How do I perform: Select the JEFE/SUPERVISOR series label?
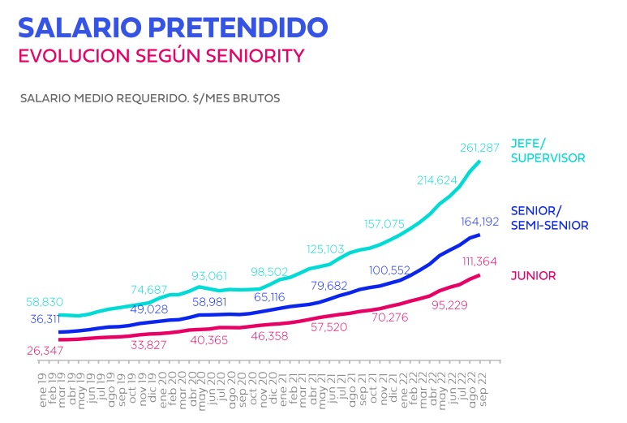548,150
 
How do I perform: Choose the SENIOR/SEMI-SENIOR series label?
549,218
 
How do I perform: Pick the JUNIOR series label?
533,276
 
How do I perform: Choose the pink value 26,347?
49,351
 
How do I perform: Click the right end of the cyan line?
479,161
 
